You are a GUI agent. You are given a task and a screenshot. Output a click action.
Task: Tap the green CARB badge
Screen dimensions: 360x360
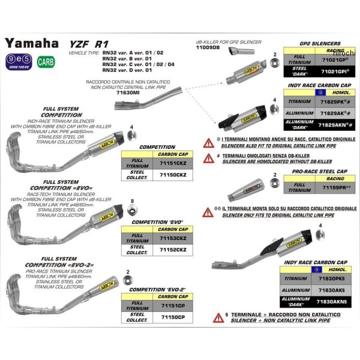44,62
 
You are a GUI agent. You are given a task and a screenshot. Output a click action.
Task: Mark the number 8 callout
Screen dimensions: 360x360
131,200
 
